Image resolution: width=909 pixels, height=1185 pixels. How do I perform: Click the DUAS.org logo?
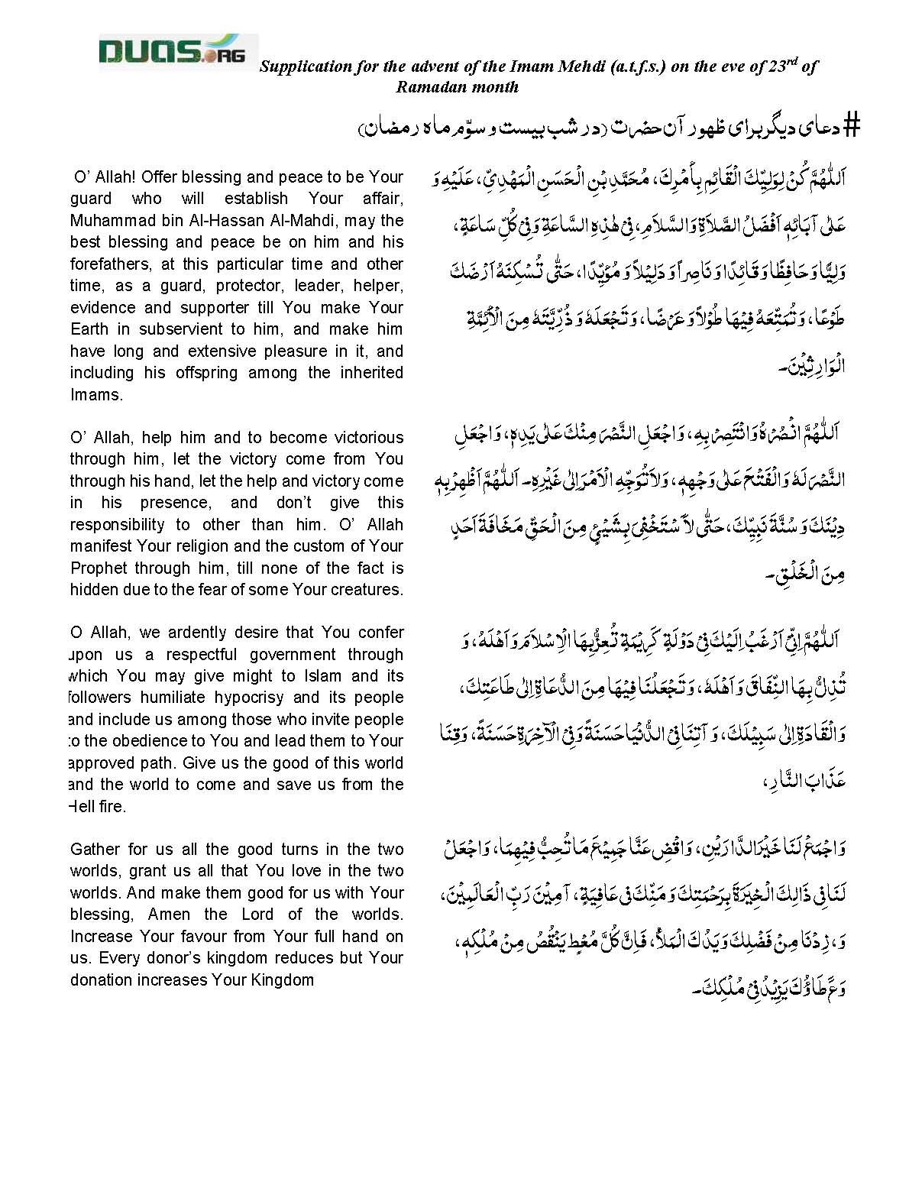(178, 51)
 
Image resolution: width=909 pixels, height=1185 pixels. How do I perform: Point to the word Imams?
(95, 395)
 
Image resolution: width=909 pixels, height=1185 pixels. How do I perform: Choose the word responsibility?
(118, 525)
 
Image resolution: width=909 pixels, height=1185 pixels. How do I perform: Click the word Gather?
(94, 850)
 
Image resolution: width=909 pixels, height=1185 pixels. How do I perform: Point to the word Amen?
(169, 915)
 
